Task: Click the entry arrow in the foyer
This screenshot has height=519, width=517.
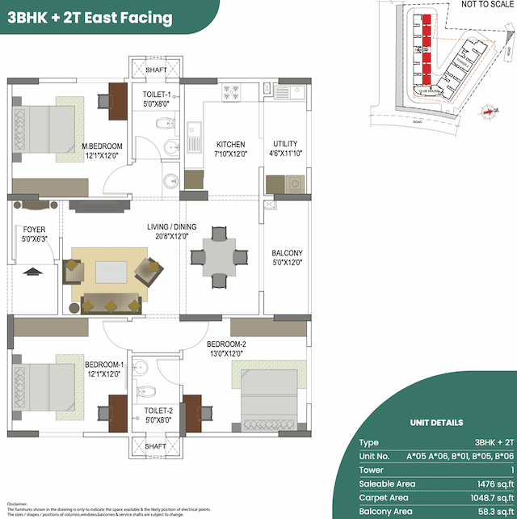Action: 33,272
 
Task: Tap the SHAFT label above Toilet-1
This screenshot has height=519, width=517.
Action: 156,70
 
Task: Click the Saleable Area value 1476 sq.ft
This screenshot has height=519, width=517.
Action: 494,483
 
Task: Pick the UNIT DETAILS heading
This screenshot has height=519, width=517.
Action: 436,423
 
